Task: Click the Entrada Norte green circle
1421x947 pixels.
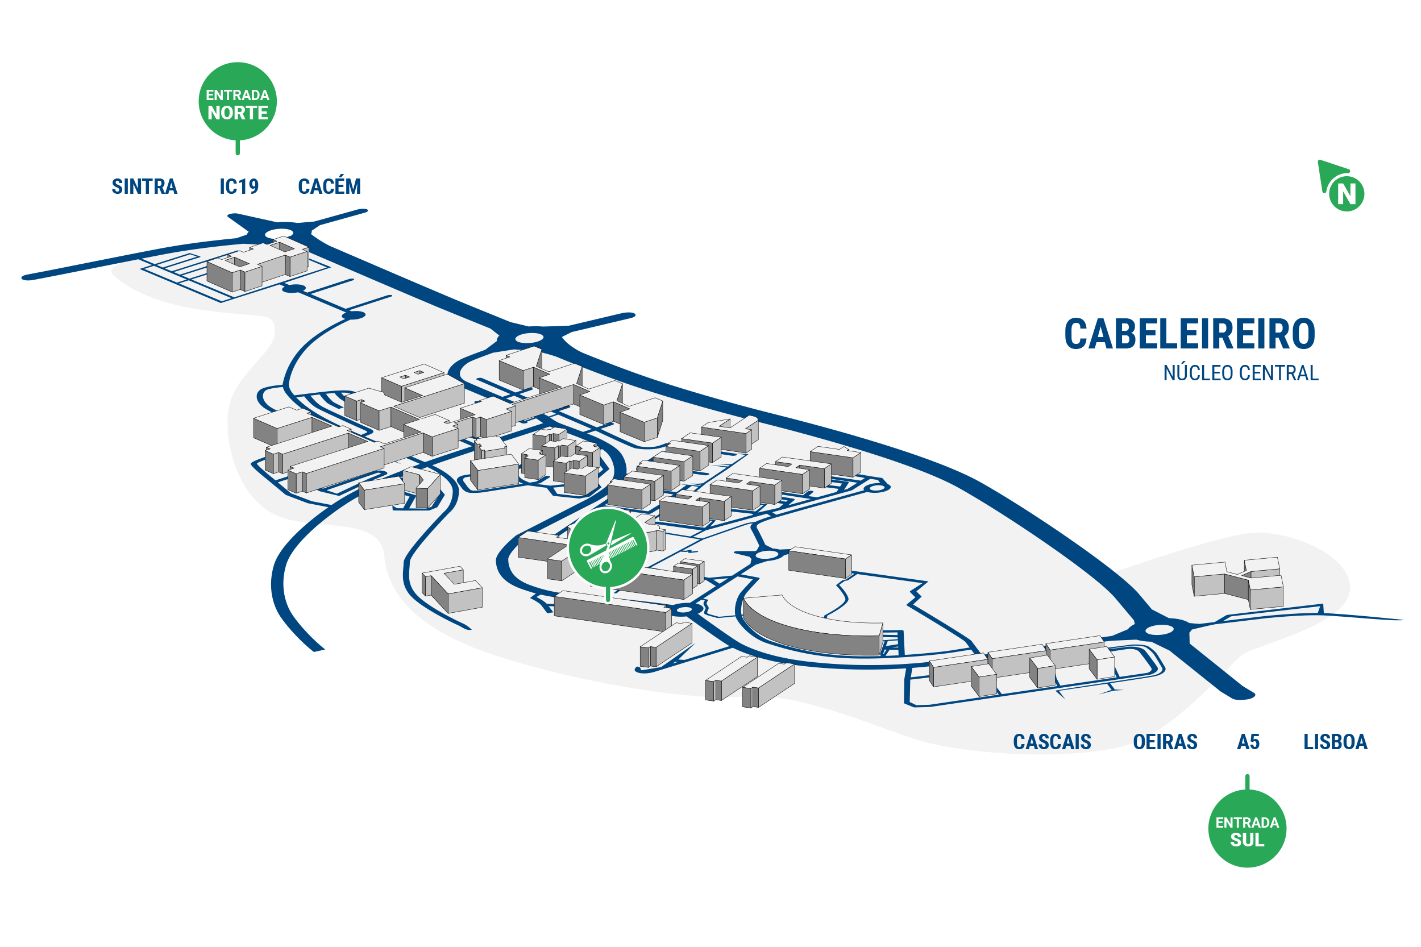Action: click(238, 101)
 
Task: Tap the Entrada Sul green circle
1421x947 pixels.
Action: click(1247, 828)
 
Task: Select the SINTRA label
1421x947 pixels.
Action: click(144, 186)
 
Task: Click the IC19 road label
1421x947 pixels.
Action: click(239, 186)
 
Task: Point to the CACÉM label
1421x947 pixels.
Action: click(329, 185)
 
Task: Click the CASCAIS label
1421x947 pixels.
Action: click(1052, 742)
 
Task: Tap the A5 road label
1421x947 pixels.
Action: click(1248, 742)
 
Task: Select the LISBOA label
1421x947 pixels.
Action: click(1335, 742)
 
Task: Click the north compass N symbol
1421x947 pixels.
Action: click(1345, 193)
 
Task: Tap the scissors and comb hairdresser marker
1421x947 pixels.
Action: click(608, 548)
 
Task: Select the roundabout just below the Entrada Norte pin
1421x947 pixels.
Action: click(279, 233)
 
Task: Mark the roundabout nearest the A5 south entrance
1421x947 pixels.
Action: click(1159, 630)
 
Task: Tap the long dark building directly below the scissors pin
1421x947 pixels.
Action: click(612, 610)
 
